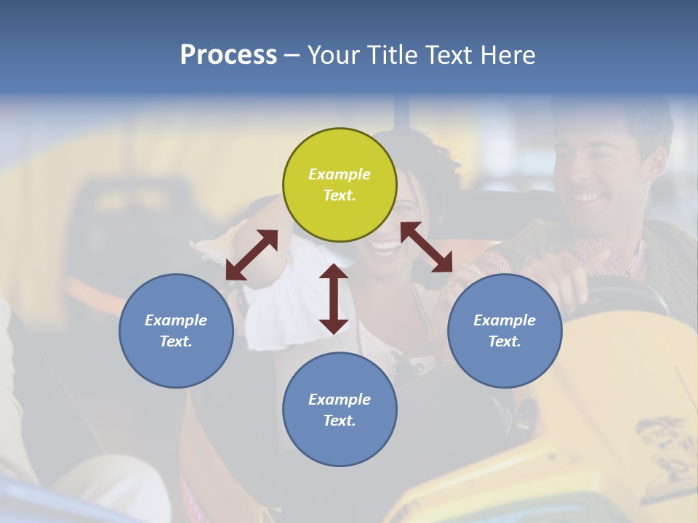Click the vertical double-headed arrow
[x=334, y=299]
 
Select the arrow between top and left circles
[x=252, y=255]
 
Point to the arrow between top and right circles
[x=426, y=247]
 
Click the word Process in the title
[x=228, y=54]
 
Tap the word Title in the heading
[x=393, y=54]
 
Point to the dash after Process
[x=292, y=55]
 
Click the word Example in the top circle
[x=340, y=174]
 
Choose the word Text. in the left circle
[x=176, y=341]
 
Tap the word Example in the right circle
[x=505, y=320]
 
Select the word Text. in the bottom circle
[x=340, y=421]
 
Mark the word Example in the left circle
[x=176, y=320]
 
